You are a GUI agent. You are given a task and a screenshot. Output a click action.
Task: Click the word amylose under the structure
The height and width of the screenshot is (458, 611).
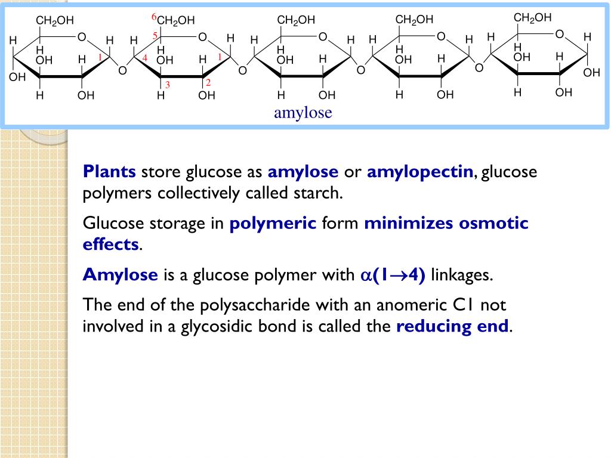[303, 113]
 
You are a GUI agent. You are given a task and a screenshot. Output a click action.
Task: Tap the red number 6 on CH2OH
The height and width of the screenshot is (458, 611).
[154, 16]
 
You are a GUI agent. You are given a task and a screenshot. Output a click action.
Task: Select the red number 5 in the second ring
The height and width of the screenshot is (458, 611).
[155, 36]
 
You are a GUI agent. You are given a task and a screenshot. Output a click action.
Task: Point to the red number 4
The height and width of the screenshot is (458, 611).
[144, 57]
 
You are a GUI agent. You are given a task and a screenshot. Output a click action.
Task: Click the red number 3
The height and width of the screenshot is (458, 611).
[168, 85]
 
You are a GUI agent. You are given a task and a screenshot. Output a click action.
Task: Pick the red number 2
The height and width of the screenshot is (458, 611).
[208, 82]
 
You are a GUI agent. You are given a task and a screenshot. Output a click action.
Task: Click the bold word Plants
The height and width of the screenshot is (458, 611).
[110, 172]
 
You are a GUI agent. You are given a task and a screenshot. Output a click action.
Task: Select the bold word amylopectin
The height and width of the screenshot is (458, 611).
[420, 172]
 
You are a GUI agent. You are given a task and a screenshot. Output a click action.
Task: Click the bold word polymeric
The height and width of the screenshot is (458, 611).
[273, 224]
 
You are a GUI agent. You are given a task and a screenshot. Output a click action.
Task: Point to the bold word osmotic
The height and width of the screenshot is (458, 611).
[493, 224]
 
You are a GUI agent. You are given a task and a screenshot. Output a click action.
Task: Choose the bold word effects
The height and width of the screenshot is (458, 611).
[110, 245]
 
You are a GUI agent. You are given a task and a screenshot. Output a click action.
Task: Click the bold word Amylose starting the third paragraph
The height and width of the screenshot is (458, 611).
[121, 275]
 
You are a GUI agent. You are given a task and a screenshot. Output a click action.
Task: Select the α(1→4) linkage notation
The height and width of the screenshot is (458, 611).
[393, 275]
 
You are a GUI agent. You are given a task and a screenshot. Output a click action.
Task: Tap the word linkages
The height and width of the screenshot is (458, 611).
[462, 275]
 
